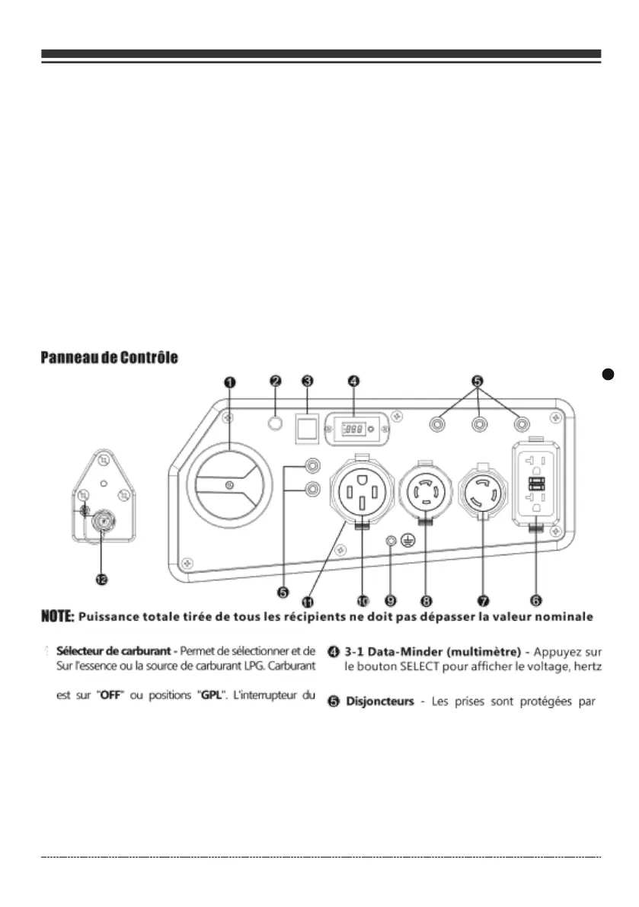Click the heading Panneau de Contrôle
(110, 358)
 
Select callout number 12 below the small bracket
(101, 579)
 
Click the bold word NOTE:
(57, 615)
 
